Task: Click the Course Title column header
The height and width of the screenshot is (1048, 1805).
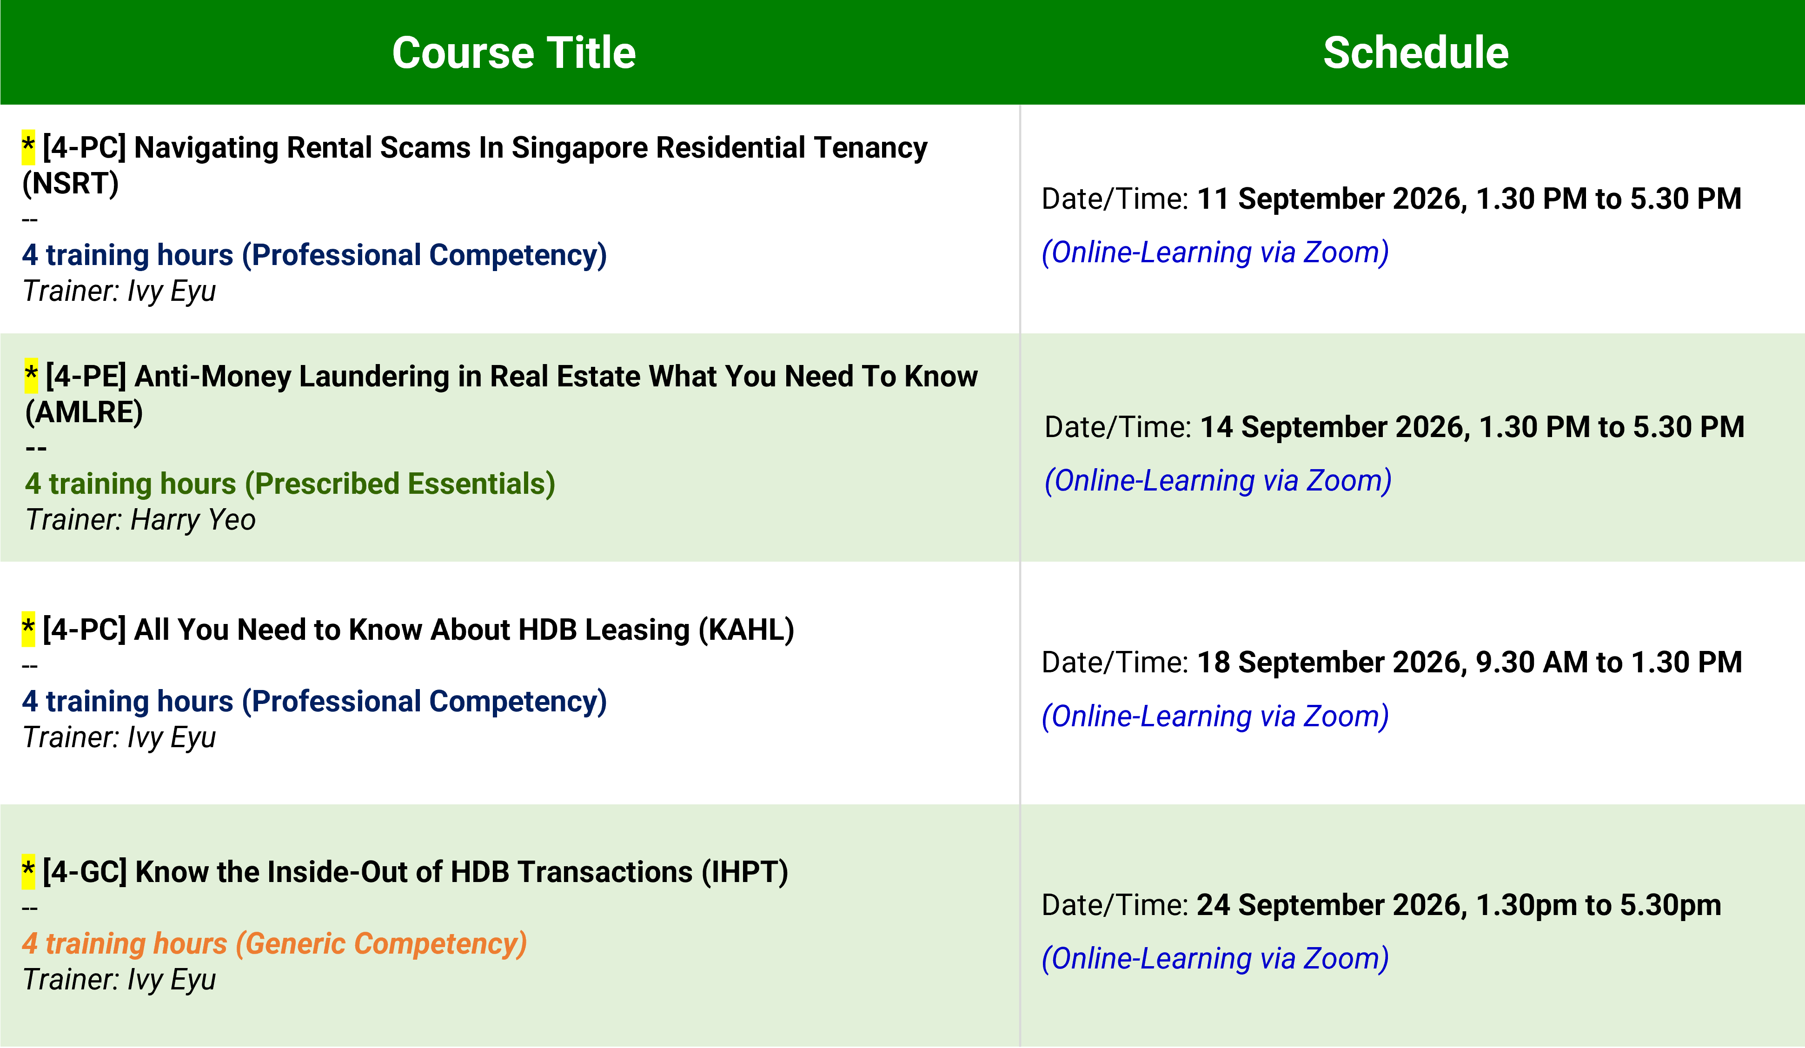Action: click(514, 53)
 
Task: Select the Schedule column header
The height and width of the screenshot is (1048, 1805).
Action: click(1415, 53)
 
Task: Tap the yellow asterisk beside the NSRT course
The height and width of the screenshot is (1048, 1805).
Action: click(28, 147)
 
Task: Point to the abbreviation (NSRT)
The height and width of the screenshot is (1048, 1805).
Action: click(70, 183)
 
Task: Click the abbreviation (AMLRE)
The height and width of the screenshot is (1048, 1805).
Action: click(84, 412)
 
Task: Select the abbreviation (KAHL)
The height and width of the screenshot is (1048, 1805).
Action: click(746, 630)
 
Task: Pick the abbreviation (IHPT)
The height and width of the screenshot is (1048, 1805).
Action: click(745, 872)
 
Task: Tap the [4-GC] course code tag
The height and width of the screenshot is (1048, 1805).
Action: click(85, 872)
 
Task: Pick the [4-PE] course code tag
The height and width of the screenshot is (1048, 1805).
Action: click(86, 376)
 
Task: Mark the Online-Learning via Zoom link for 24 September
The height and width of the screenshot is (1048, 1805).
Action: click(1215, 958)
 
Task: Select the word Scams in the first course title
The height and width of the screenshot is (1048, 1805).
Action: click(425, 147)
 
